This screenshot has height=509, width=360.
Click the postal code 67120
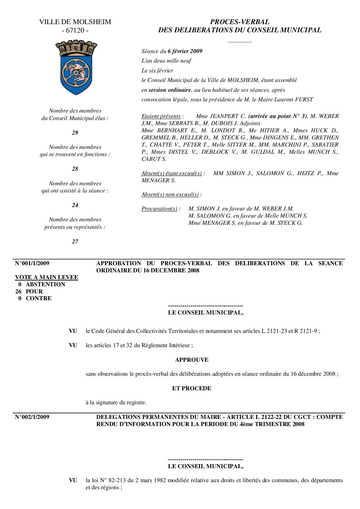[75, 30]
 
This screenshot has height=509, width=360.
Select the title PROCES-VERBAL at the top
[240, 22]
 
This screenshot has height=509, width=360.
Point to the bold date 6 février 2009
[185, 51]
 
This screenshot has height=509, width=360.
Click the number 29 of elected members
[75, 133]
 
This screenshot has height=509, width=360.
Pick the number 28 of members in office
[75, 169]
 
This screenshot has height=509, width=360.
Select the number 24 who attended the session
[75, 205]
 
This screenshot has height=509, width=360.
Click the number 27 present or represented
[75, 241]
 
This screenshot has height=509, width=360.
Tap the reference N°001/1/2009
[32, 263]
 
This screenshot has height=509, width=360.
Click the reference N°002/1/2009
[32, 417]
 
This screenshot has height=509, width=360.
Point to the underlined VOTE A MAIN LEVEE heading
[47, 277]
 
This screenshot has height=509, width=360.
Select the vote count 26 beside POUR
[19, 291]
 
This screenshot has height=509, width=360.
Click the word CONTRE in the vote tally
[39, 298]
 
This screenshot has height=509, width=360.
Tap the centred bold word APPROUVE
[192, 359]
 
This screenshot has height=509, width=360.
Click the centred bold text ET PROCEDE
[192, 388]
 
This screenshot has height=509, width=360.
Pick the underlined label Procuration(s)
[160, 209]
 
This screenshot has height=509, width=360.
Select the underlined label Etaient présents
[162, 116]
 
